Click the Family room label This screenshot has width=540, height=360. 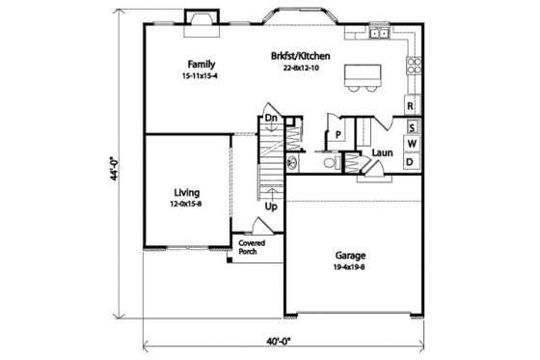[x=201, y=64]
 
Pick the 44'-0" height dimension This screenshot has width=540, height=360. [x=115, y=169]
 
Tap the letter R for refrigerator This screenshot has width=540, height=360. [x=411, y=106]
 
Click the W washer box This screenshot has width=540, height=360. [x=411, y=144]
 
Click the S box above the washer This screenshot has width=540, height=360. [x=412, y=126]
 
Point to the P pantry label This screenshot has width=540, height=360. [x=338, y=133]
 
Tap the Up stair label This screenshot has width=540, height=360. [x=272, y=206]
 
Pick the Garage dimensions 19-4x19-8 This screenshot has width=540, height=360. [x=351, y=268]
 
